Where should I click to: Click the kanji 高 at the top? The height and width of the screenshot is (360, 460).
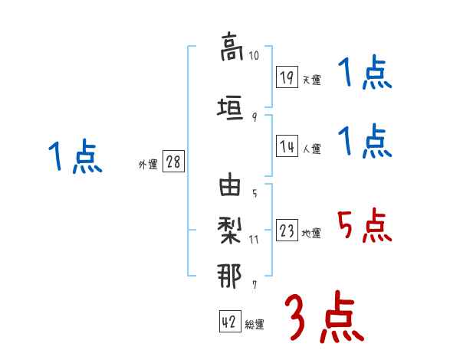pyautogui.click(x=231, y=47)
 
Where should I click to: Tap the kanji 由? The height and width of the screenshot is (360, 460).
pyautogui.click(x=231, y=187)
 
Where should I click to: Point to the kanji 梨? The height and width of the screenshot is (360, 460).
pyautogui.click(x=231, y=230)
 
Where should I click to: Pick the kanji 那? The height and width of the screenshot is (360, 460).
pyautogui.click(x=231, y=273)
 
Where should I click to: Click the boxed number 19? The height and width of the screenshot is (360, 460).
pyautogui.click(x=287, y=77)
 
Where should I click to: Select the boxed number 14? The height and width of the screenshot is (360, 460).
pyautogui.click(x=287, y=146)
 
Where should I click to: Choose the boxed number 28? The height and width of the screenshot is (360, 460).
pyautogui.click(x=174, y=163)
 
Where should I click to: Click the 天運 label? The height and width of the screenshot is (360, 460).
pyautogui.click(x=312, y=80)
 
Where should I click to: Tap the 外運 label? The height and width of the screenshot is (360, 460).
pyautogui.click(x=148, y=165)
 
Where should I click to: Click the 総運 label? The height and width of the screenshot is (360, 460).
pyautogui.click(x=255, y=325)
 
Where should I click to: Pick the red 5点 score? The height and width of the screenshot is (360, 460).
pyautogui.click(x=364, y=226)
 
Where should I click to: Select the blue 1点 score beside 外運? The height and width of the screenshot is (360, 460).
pyautogui.click(x=74, y=158)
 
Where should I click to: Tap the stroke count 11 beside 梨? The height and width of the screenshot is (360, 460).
pyautogui.click(x=255, y=239)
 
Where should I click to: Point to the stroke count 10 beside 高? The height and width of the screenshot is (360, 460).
pyautogui.click(x=255, y=55)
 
